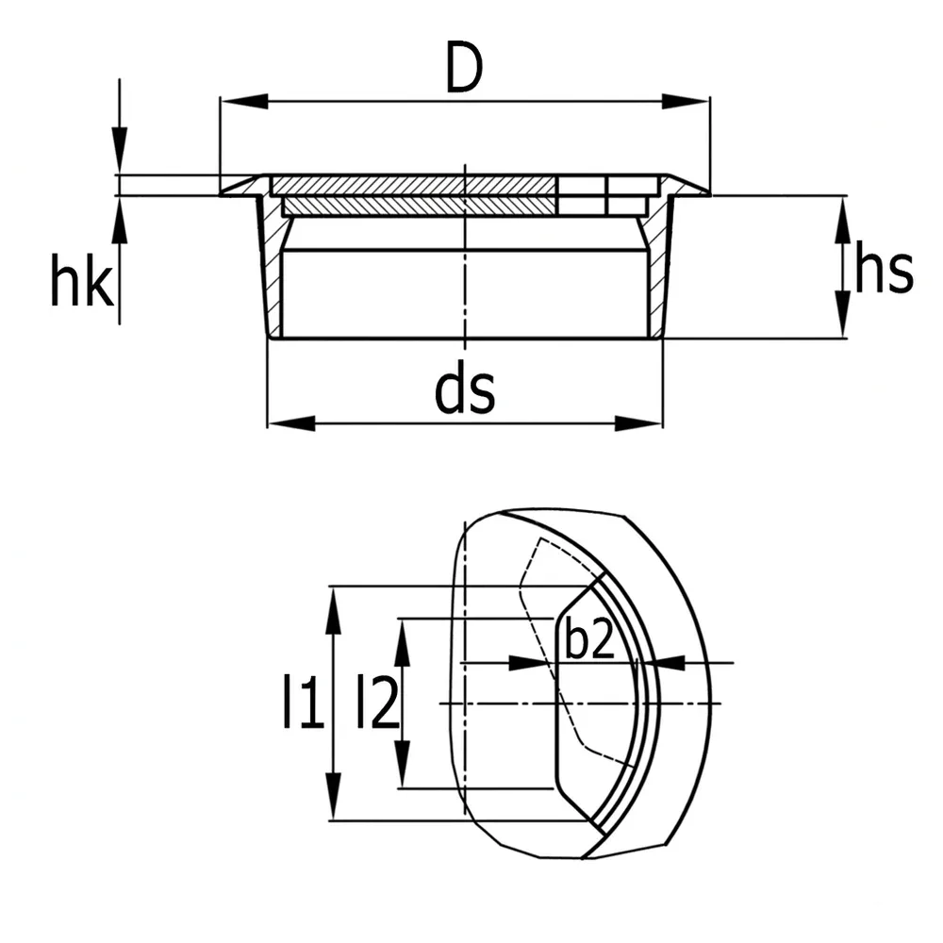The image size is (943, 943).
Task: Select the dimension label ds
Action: pyautogui.click(x=464, y=391)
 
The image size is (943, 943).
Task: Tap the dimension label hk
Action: pyautogui.click(x=82, y=280)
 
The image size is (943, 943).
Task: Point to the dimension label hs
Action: pyautogui.click(x=884, y=267)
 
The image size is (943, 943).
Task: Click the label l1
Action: pyautogui.click(x=304, y=702)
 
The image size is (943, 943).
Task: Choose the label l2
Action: pyautogui.click(x=378, y=702)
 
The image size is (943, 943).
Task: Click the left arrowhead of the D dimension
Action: pyautogui.click(x=244, y=101)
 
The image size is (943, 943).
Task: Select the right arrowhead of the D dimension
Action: pyautogui.click(x=686, y=101)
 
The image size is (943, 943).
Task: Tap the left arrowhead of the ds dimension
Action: pyautogui.click(x=291, y=422)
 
